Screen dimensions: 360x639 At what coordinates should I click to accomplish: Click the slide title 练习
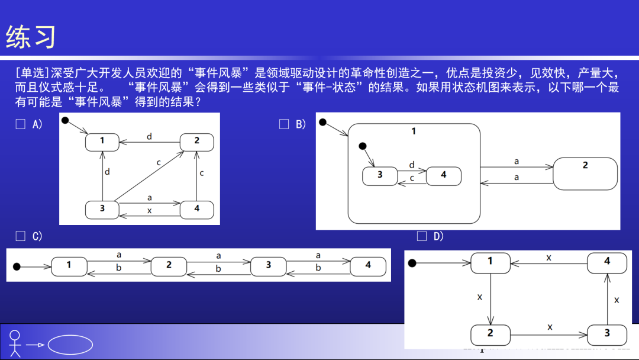click(x=31, y=37)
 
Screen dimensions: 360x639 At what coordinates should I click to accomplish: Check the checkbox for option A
click(x=21, y=124)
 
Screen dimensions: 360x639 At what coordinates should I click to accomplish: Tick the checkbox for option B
click(x=284, y=124)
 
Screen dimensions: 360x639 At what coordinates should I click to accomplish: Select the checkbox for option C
click(x=21, y=236)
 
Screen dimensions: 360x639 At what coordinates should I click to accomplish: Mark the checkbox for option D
click(x=422, y=236)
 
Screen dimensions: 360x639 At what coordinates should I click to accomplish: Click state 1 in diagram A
click(x=102, y=141)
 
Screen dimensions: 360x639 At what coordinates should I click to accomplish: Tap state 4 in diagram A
click(x=196, y=209)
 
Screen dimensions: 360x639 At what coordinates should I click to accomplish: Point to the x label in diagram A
click(x=149, y=211)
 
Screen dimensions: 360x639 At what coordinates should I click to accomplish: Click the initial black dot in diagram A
click(x=66, y=121)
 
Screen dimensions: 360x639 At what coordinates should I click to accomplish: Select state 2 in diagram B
click(x=585, y=173)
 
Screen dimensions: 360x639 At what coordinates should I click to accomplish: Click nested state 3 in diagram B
click(x=380, y=175)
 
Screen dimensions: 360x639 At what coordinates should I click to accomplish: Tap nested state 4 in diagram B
click(x=443, y=175)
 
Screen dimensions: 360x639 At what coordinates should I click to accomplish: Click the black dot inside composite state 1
click(x=363, y=146)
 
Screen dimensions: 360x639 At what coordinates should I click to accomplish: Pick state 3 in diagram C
click(x=268, y=266)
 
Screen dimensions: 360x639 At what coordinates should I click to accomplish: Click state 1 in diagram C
click(x=69, y=266)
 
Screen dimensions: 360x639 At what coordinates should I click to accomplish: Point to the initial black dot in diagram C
click(x=17, y=266)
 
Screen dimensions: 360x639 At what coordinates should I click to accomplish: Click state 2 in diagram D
click(x=490, y=334)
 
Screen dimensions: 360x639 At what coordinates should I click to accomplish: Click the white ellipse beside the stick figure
click(x=70, y=344)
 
